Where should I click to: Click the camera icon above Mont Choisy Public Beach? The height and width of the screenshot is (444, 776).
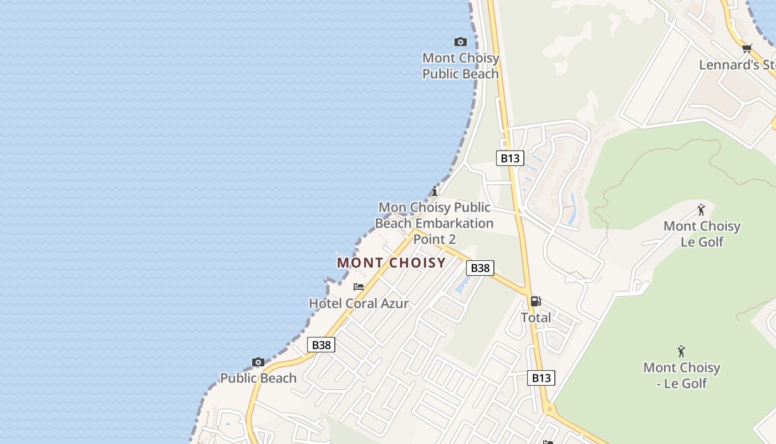pyautogui.click(x=460, y=42)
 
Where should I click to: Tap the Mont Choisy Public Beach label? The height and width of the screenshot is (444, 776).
pyautogui.click(x=461, y=65)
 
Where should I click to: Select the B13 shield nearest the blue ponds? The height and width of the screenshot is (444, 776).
pyautogui.click(x=509, y=158)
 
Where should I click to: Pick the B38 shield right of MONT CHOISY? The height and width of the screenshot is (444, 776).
pyautogui.click(x=479, y=268)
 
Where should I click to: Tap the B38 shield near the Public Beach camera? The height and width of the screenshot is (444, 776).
pyautogui.click(x=321, y=345)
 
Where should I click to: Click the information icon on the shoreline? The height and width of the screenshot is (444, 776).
pyautogui.click(x=435, y=191)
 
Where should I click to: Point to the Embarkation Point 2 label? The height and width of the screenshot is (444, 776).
pyautogui.click(x=435, y=223)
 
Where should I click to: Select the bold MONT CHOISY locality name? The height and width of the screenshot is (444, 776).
pyautogui.click(x=391, y=263)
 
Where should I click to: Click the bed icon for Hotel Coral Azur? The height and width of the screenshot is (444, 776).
pyautogui.click(x=359, y=287)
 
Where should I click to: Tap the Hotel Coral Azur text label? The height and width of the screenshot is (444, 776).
pyautogui.click(x=359, y=304)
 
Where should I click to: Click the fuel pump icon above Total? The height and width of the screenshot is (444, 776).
pyautogui.click(x=535, y=301)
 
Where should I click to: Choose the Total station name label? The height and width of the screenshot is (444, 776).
pyautogui.click(x=535, y=317)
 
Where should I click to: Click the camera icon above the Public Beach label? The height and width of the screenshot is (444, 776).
pyautogui.click(x=258, y=362)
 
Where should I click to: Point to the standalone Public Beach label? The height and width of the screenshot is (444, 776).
pyautogui.click(x=258, y=378)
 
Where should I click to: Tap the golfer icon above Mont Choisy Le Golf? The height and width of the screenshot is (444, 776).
pyautogui.click(x=701, y=210)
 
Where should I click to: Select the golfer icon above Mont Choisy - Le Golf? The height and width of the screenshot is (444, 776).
pyautogui.click(x=681, y=351)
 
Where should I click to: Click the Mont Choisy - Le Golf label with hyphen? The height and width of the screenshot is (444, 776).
pyautogui.click(x=682, y=375)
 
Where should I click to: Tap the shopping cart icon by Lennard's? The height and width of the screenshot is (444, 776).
pyautogui.click(x=747, y=49)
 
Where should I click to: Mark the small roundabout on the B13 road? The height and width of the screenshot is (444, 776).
pyautogui.click(x=549, y=409)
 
